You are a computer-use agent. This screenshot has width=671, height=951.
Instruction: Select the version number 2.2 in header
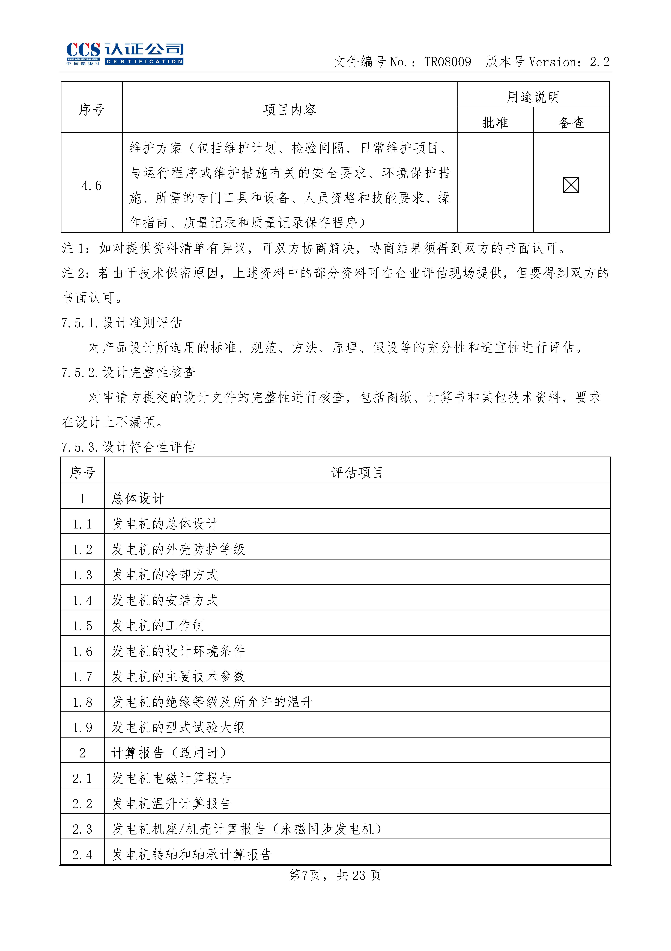click(x=600, y=62)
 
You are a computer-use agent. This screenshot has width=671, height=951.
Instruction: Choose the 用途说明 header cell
click(x=533, y=97)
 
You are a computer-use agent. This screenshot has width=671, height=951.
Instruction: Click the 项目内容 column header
click(x=290, y=110)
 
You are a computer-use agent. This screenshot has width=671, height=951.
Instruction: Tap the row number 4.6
click(x=92, y=186)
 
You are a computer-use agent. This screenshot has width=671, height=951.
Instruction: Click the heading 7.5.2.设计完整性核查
click(x=128, y=372)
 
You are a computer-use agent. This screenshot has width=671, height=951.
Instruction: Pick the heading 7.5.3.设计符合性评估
click(x=128, y=447)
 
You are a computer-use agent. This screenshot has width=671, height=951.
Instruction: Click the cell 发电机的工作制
click(x=158, y=625)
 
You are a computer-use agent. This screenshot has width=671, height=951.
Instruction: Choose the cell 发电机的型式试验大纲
click(x=178, y=727)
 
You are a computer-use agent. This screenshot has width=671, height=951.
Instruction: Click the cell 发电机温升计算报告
click(x=171, y=804)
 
